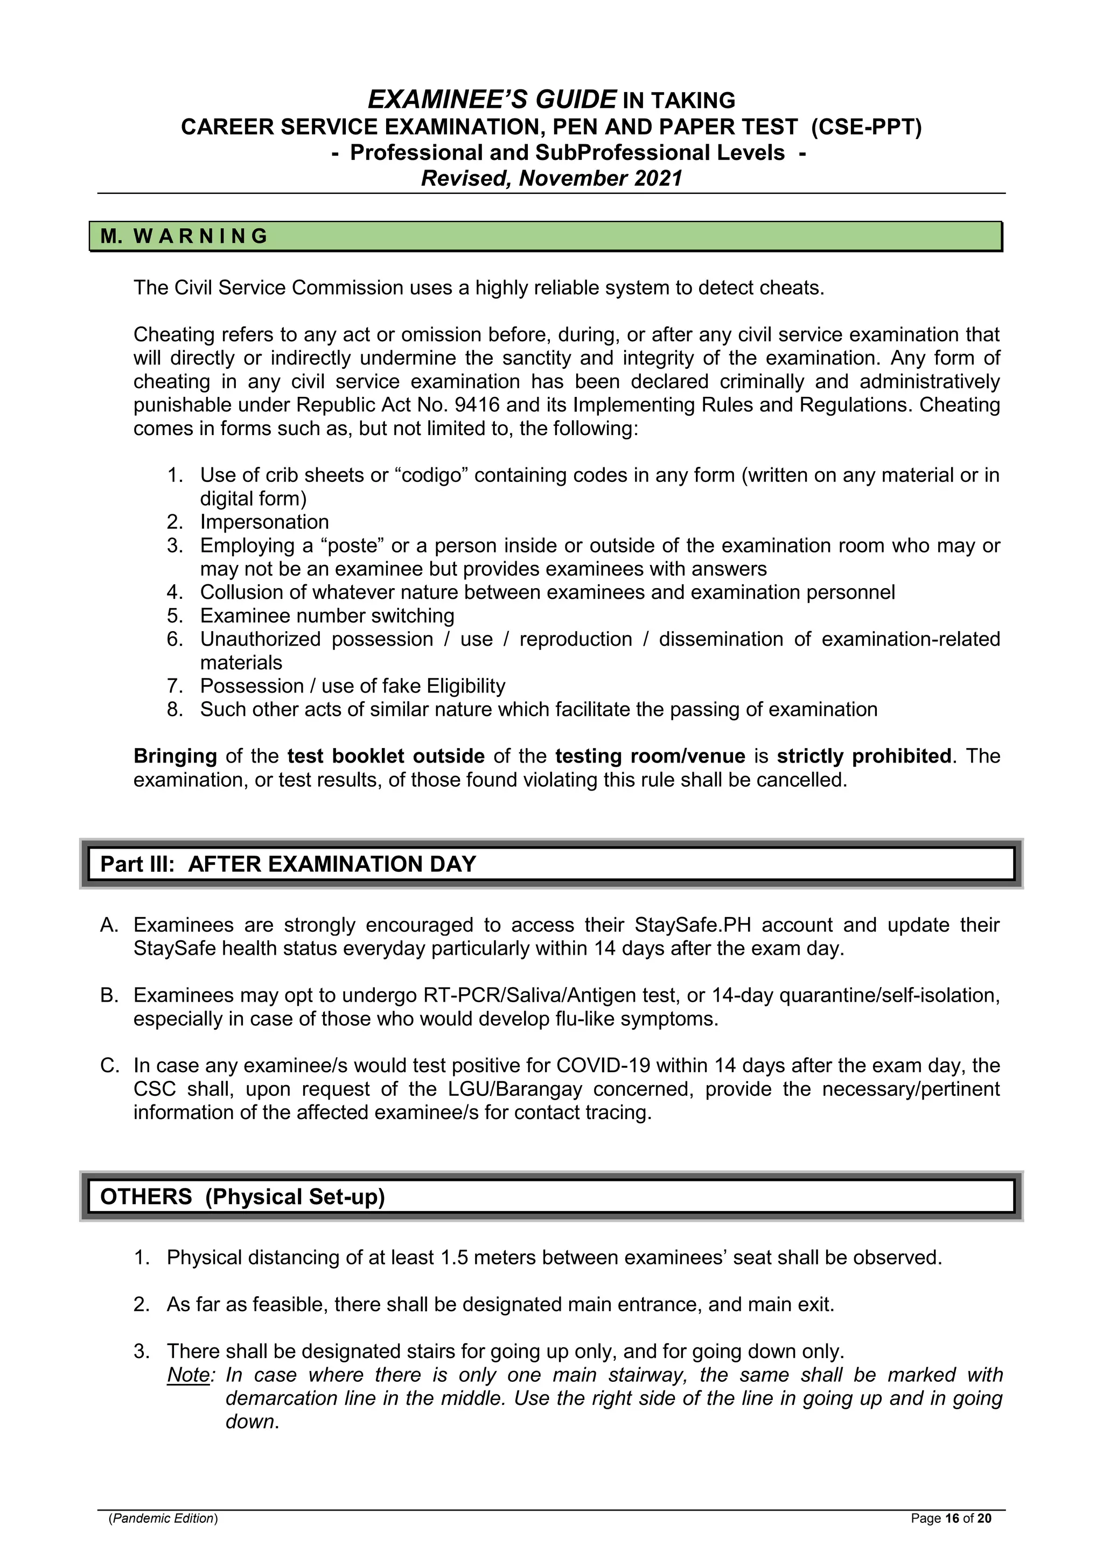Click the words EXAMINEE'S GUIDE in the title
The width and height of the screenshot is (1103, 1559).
tap(492, 100)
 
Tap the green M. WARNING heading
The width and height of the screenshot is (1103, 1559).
tap(185, 236)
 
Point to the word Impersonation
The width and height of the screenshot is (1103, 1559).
tap(264, 522)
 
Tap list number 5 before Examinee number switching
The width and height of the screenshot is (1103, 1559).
tap(174, 616)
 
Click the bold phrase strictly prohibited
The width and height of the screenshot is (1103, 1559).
tap(864, 757)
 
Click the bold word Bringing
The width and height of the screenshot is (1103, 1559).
tap(175, 757)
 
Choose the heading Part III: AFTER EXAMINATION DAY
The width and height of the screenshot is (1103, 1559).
tap(288, 864)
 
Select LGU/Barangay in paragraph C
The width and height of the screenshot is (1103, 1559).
tap(515, 1089)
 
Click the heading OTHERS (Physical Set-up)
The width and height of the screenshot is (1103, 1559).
tap(242, 1197)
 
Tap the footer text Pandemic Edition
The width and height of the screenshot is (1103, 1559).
tap(163, 1518)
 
